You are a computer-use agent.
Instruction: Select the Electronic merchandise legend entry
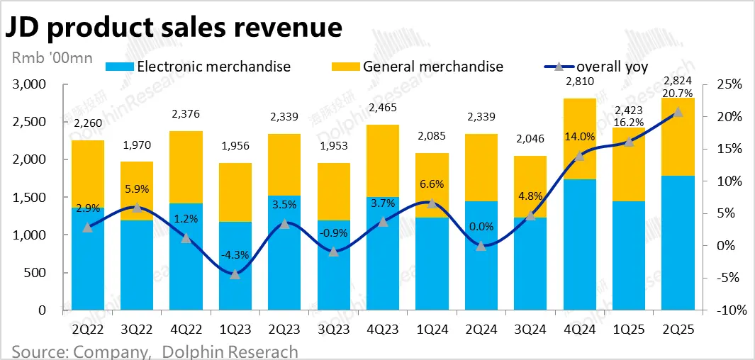click(x=198, y=67)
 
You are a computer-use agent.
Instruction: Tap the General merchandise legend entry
click(x=418, y=67)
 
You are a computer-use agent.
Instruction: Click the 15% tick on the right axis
click(x=728, y=149)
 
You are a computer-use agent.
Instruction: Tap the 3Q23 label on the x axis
click(x=333, y=330)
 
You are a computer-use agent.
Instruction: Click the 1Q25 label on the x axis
click(x=628, y=330)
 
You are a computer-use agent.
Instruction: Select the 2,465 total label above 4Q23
click(x=383, y=108)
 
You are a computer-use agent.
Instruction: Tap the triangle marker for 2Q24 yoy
click(x=481, y=246)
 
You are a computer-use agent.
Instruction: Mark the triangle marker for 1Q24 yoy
click(x=432, y=203)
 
